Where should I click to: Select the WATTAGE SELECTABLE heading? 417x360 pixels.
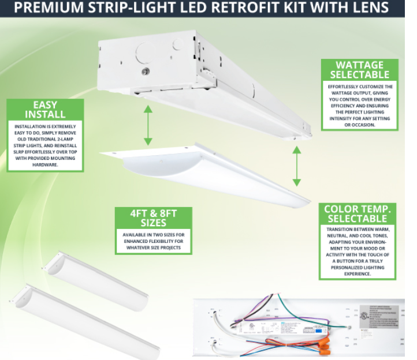pos(359,70)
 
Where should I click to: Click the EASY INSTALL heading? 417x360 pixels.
pos(45,110)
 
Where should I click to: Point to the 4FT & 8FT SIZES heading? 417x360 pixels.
pos(153,218)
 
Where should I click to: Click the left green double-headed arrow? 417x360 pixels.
pos(148,125)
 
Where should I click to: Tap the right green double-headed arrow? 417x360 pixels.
pos(297,166)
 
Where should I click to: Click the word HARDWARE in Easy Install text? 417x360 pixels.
pos(45,165)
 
